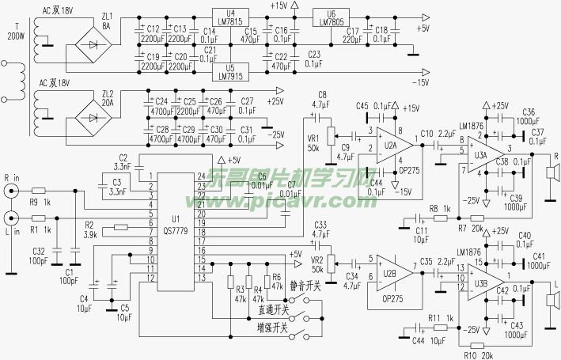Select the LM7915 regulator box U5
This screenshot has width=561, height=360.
[231, 70]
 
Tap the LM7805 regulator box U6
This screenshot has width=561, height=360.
[330, 17]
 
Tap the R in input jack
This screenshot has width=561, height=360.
[10, 191]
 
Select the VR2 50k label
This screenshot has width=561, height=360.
[318, 264]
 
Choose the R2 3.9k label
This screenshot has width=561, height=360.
[89, 230]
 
